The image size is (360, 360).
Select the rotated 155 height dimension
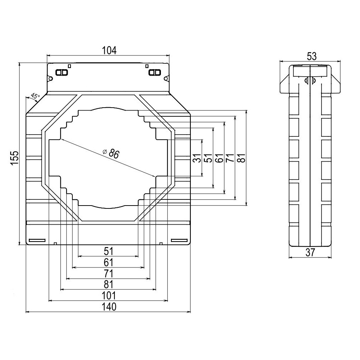pyautogui.click(x=14, y=158)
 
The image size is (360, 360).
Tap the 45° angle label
pyautogui.click(x=35, y=96)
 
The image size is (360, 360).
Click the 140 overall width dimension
pyautogui.click(x=108, y=307)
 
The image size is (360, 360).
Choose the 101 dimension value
pyautogui.click(x=108, y=296)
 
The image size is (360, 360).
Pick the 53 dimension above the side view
pyautogui.click(x=311, y=56)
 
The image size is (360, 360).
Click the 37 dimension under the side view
pyautogui.click(x=310, y=253)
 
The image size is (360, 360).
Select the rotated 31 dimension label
pyautogui.click(x=196, y=158)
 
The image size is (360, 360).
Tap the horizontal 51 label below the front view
pyautogui.click(x=108, y=251)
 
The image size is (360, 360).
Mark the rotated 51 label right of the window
pyautogui.click(x=208, y=158)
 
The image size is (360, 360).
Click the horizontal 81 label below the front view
pyautogui.click(x=108, y=284)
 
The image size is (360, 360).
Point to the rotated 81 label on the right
pyautogui.click(x=241, y=158)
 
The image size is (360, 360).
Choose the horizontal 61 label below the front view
pyautogui.click(x=108, y=262)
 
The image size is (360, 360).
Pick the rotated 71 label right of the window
pyautogui.click(x=230, y=158)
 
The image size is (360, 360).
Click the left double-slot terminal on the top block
pyautogui.click(x=62, y=73)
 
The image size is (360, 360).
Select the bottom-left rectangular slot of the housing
pyautogui.click(x=37, y=240)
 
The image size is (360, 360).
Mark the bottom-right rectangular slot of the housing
pyautogui.click(x=179, y=240)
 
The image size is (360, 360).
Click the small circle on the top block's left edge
pyautogui.click(x=51, y=78)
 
